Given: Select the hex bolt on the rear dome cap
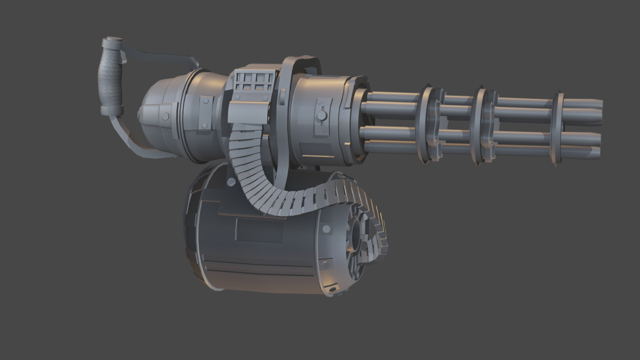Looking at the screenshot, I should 165,116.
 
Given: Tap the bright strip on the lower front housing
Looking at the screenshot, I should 319,156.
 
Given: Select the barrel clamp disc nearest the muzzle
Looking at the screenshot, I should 559,130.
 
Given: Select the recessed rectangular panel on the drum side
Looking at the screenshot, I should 260,231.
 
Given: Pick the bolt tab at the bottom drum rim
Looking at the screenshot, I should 333,289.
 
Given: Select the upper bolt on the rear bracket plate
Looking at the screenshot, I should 206,102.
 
